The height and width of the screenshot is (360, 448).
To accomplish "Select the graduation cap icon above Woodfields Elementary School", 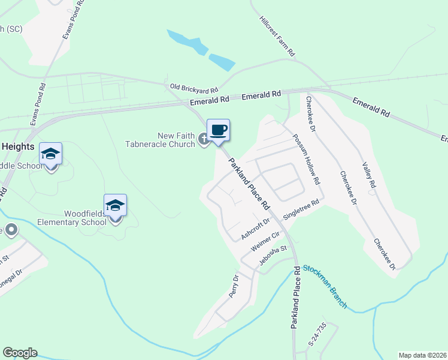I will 115,205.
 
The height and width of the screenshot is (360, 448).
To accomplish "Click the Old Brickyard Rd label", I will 194,88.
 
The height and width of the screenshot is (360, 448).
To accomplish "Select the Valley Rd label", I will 368,174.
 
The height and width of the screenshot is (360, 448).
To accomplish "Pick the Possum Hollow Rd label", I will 306,158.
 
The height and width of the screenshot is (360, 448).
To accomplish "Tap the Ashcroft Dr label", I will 256,229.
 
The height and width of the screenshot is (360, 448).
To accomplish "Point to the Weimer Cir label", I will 265,241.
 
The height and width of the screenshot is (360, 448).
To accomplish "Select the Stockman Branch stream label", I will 325,286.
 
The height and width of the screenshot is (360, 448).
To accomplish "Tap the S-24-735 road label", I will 317,335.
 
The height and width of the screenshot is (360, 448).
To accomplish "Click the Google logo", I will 20,353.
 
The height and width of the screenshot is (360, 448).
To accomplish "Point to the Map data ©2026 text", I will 422,355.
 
